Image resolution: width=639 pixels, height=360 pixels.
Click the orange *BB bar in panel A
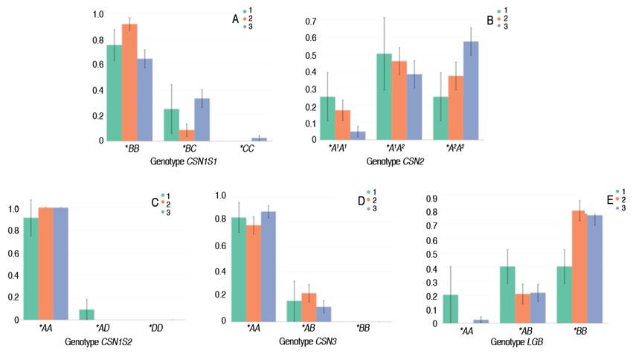[129, 82]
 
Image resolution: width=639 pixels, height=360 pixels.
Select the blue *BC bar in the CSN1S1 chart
[202, 119]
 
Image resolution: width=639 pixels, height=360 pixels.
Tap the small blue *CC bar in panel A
[259, 139]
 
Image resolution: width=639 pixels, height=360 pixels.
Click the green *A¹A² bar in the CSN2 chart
[384, 96]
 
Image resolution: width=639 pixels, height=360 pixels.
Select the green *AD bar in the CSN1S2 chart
[87, 315]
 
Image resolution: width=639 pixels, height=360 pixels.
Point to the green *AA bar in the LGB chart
[450, 309]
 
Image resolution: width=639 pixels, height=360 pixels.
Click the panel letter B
[489, 21]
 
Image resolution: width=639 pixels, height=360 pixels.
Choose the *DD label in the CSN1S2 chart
[155, 328]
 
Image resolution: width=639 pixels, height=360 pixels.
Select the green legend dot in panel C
[161, 195]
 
